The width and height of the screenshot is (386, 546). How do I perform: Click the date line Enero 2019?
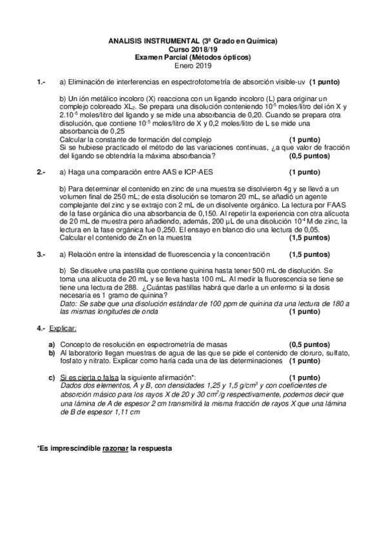(x=193, y=64)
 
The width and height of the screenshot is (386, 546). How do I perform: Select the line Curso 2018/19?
(x=193, y=49)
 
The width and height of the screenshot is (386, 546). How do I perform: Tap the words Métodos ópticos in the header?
(x=223, y=57)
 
